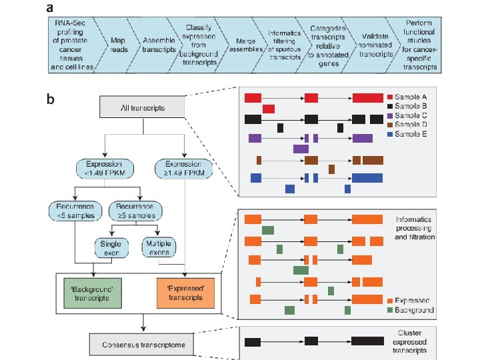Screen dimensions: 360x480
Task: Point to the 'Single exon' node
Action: point(111,248)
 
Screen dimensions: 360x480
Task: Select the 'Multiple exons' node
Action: point(158,248)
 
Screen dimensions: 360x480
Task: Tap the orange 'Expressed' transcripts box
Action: point(185,293)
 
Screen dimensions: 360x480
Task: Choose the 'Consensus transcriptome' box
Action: point(143,344)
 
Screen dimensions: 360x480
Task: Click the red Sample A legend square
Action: point(389,97)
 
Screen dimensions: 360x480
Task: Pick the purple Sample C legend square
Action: point(389,115)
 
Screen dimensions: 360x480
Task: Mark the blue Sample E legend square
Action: point(389,134)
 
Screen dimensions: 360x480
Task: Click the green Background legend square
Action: point(389,310)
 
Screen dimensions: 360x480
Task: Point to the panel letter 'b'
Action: point(50,100)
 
